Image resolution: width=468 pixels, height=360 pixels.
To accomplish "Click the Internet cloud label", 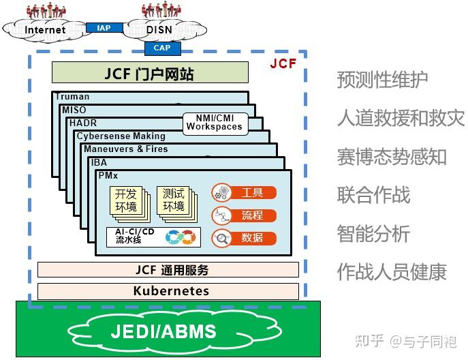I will [45, 29].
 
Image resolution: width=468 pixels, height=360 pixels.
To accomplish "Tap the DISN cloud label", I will [159, 29].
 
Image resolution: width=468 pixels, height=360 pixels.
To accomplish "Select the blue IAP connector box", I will [104, 28].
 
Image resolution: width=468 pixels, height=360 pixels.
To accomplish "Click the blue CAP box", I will [162, 48].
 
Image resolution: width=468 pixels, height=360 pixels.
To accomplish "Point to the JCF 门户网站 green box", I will [149, 73].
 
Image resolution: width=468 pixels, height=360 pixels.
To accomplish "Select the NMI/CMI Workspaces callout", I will [214, 123].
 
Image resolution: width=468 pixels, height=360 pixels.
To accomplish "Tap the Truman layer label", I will [72, 97].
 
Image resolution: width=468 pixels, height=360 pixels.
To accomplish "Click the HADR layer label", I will [82, 123].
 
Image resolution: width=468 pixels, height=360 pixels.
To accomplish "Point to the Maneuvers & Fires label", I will [125, 149].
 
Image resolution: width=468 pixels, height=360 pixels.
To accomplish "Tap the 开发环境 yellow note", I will [125, 200].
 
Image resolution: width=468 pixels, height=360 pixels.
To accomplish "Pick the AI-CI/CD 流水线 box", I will [154, 236].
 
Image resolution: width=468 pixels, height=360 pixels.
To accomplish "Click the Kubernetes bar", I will [168, 291].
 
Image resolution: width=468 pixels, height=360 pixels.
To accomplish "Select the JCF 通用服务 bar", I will [168, 270].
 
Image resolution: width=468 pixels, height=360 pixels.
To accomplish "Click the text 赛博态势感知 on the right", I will [392, 156].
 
